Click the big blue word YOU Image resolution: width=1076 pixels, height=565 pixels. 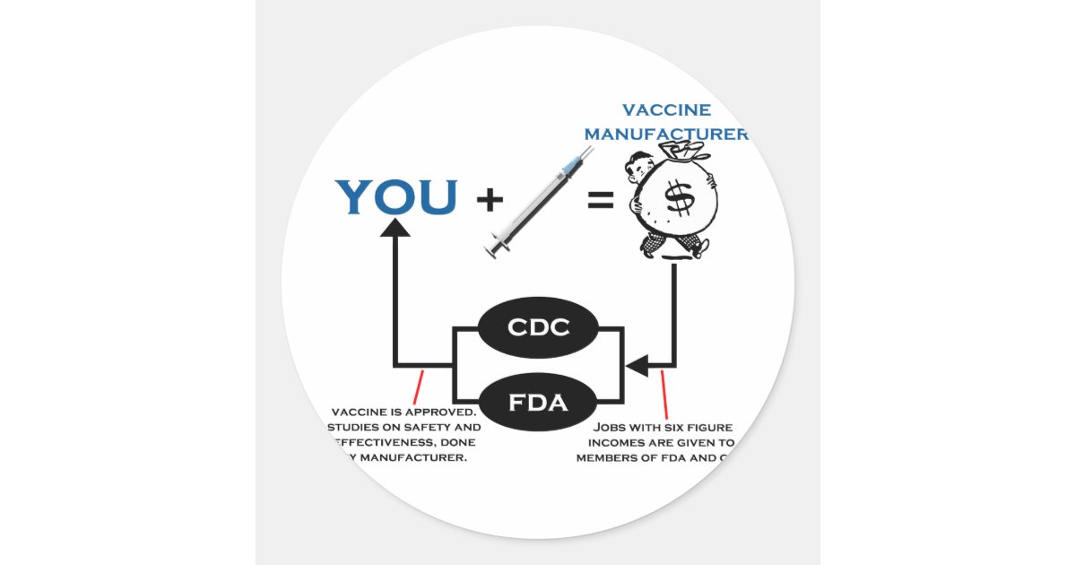click(x=395, y=197)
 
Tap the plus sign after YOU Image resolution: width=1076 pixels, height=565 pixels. click(x=489, y=199)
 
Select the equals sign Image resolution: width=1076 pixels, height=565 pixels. click(x=600, y=201)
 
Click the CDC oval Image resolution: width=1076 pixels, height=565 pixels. click(x=538, y=327)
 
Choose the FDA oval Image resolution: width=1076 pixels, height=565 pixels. click(x=538, y=402)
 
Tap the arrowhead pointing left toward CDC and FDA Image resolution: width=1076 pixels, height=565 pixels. click(x=638, y=366)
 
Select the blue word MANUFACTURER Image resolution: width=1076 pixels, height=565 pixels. click(x=666, y=135)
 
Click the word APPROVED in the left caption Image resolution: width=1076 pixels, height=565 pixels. click(x=445, y=412)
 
